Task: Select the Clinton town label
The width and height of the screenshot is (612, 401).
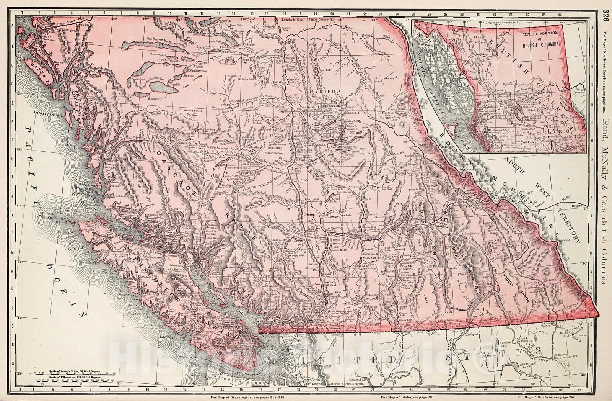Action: (x=308, y=215)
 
